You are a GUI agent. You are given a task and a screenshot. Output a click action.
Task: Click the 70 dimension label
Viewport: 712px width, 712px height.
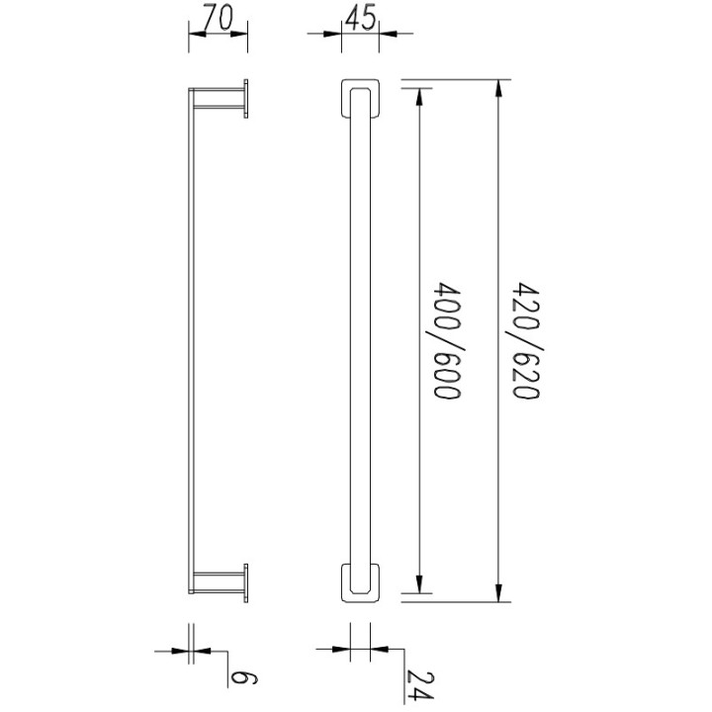pos(218,17)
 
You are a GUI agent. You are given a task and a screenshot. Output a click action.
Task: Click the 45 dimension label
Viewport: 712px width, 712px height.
pos(361,18)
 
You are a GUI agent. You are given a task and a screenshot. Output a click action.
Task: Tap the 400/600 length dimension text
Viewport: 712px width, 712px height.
pos(447,340)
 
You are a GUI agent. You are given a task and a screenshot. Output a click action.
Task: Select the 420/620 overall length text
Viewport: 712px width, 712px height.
pos(526,340)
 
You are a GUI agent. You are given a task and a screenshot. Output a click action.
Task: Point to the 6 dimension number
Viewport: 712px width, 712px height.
pos(244,678)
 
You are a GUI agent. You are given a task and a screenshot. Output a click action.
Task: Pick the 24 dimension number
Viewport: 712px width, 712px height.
pos(419,684)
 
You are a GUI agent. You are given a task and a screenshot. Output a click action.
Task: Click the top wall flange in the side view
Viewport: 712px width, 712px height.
pos(246,99)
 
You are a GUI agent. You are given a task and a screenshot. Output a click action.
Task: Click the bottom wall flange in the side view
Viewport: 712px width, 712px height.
pos(246,583)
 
